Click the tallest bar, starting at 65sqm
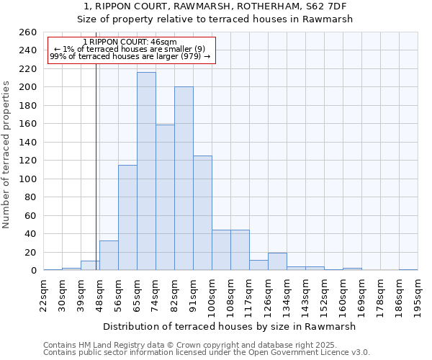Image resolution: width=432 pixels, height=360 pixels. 146,171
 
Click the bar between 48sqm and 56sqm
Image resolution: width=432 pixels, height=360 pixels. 109,256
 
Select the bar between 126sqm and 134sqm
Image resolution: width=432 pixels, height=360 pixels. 277,262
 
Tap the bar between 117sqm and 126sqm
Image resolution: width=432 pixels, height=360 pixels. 258,265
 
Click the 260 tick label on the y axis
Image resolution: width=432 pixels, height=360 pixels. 27,32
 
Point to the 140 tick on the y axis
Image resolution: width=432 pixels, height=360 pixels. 27,143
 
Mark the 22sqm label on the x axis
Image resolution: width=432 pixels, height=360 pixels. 43,294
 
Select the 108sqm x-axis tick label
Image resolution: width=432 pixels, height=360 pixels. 230,294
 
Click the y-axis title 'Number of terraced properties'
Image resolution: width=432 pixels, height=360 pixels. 6,155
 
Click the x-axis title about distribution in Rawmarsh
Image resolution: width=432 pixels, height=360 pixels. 230,326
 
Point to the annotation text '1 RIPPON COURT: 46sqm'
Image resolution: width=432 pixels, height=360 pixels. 130,42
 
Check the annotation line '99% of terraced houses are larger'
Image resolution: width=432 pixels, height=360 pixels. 130,56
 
